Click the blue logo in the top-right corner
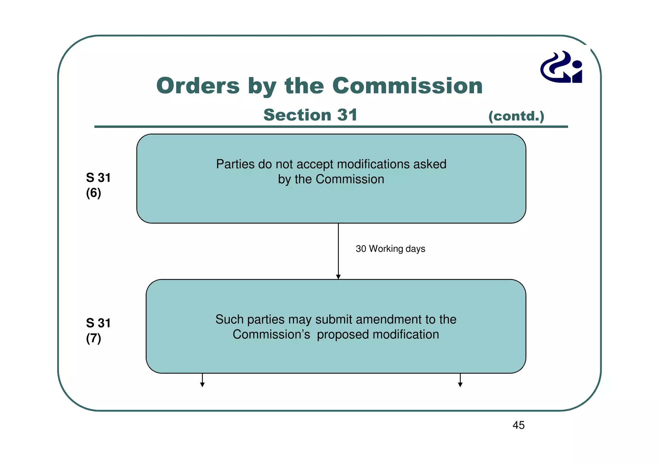(x=562, y=67)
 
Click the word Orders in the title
(x=198, y=86)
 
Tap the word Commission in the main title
(x=407, y=86)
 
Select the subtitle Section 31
(x=310, y=115)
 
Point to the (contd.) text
(x=516, y=116)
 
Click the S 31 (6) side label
(x=98, y=185)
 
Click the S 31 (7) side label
(x=98, y=330)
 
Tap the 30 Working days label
(x=390, y=249)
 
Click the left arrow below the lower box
(x=202, y=380)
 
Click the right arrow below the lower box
(x=460, y=380)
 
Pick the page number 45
(x=519, y=425)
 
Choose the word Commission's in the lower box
(x=271, y=335)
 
